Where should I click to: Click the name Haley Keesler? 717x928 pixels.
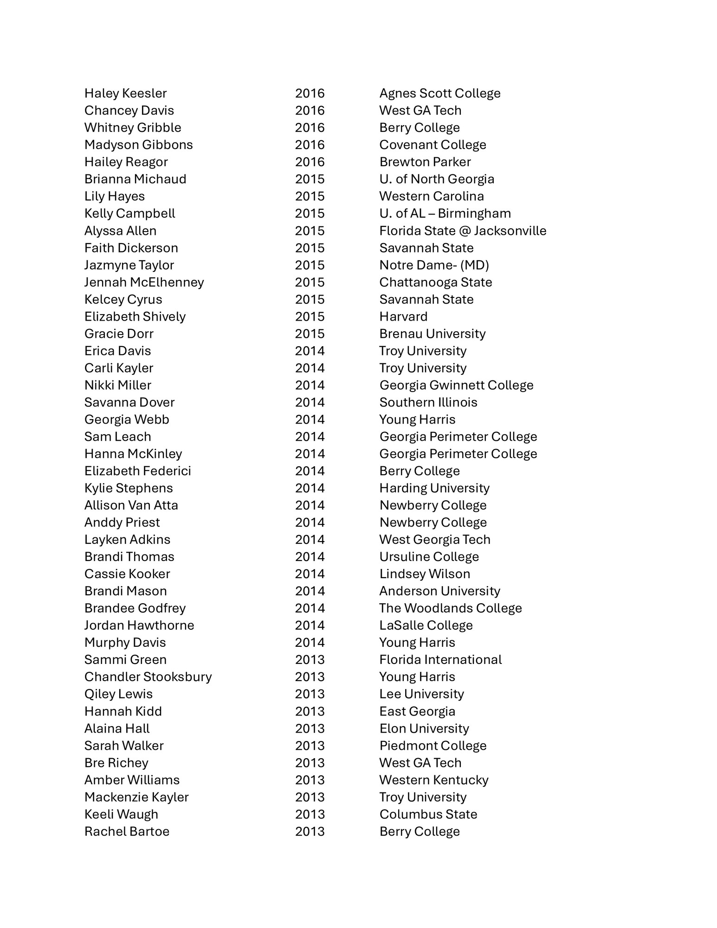tap(125, 93)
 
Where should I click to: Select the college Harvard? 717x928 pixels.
tap(403, 316)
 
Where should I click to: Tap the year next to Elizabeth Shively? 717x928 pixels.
tap(310, 316)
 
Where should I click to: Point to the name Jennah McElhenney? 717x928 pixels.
tap(144, 282)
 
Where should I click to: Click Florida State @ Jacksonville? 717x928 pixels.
tap(463, 231)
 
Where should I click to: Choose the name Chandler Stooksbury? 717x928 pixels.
tap(148, 677)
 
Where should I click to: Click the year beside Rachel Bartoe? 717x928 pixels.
tap(310, 831)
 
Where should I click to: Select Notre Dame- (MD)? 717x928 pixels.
tap(434, 265)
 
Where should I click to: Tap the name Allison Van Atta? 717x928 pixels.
tap(131, 505)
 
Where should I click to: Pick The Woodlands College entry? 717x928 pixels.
tap(450, 608)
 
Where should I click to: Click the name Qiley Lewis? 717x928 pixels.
tap(118, 694)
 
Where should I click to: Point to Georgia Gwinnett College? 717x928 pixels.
tap(456, 385)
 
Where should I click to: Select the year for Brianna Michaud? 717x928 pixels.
tap(310, 179)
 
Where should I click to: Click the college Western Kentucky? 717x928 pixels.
tap(433, 780)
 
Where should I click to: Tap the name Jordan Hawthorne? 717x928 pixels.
tap(139, 625)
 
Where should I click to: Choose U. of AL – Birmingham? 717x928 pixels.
tap(445, 213)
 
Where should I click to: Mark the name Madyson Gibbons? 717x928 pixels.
tap(138, 145)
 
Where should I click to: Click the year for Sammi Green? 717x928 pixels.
tap(310, 659)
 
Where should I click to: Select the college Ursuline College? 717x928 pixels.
tap(429, 556)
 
